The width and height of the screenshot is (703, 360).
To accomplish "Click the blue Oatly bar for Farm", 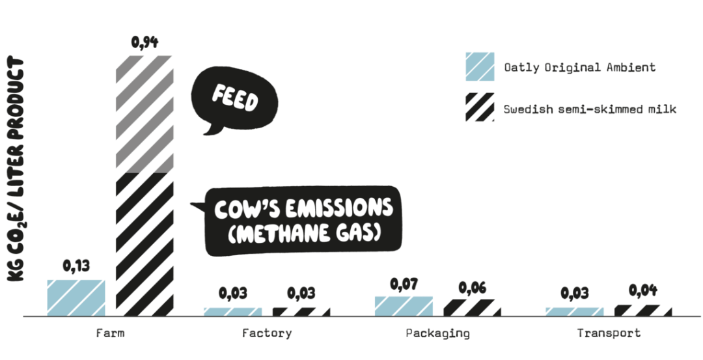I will tap(76, 297).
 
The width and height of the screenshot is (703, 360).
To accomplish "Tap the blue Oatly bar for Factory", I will tap(232, 311).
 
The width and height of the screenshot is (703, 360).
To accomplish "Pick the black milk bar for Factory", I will tap(301, 311).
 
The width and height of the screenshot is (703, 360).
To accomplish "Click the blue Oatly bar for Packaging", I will tap(404, 305).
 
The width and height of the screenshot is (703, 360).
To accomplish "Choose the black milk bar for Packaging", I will tap(472, 307).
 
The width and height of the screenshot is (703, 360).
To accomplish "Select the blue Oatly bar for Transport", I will tap(574, 311).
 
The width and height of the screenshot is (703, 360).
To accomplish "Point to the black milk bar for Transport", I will tap(643, 310).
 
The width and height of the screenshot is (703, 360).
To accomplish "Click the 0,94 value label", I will tap(145, 43).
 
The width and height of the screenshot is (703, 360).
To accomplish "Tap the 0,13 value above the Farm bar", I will tap(76, 266).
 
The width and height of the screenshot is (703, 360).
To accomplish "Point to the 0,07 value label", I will tap(404, 284).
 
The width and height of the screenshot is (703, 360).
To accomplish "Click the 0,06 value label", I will tap(473, 287).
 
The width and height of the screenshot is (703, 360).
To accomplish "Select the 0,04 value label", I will tap(643, 290).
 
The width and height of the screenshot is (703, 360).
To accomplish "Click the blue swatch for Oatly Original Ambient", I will tap(479, 67).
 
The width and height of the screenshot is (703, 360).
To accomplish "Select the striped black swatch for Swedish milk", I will tap(479, 108).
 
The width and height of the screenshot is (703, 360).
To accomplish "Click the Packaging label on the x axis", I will tap(437, 333).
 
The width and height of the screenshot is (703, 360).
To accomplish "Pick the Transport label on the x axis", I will tap(609, 333).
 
